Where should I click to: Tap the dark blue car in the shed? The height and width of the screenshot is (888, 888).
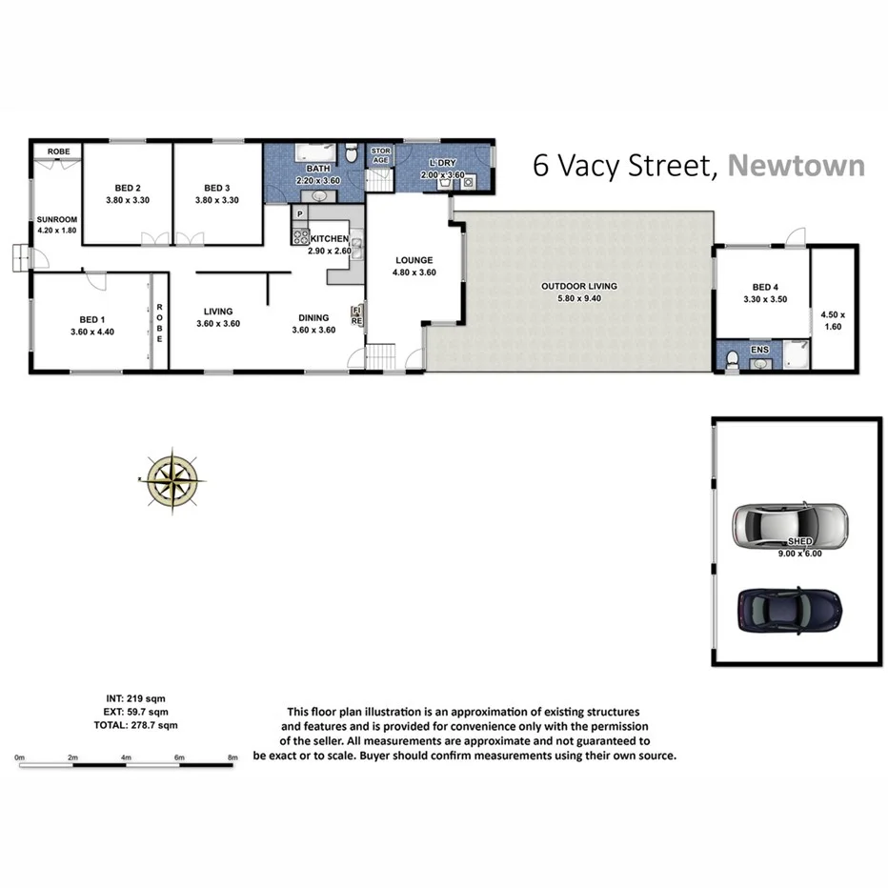pyautogui.click(x=789, y=610)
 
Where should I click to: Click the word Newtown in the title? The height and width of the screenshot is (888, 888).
pyautogui.click(x=796, y=166)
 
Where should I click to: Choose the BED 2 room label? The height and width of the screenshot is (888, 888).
pyautogui.click(x=127, y=188)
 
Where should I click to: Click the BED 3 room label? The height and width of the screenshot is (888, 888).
pyautogui.click(x=217, y=188)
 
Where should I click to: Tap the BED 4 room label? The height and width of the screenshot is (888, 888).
pyautogui.click(x=765, y=287)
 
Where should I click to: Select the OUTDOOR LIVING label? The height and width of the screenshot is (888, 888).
pyautogui.click(x=579, y=286)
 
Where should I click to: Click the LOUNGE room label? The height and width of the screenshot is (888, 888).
pyautogui.click(x=414, y=260)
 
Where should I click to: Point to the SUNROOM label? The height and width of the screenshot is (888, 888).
pyautogui.click(x=56, y=219)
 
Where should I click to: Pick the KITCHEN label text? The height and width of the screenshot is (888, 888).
pyautogui.click(x=329, y=238)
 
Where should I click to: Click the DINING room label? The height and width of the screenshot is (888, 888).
pyautogui.click(x=313, y=318)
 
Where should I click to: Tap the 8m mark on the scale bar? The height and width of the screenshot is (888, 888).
pyautogui.click(x=232, y=758)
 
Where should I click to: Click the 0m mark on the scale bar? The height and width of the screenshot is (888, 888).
pyautogui.click(x=19, y=758)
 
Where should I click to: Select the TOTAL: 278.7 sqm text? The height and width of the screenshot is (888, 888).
pyautogui.click(x=140, y=725)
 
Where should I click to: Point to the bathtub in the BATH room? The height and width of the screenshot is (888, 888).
pyautogui.click(x=313, y=153)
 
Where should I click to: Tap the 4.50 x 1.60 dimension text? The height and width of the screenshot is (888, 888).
pyautogui.click(x=833, y=320)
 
